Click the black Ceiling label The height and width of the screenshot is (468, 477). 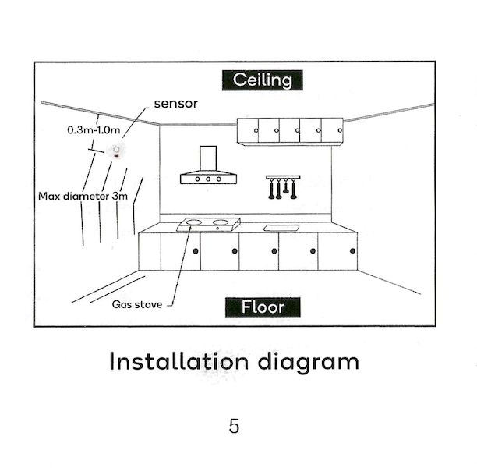click(262, 80)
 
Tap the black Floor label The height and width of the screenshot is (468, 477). click(263, 307)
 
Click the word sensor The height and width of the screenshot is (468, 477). click(176, 104)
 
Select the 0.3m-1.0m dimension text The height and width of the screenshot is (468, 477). click(94, 130)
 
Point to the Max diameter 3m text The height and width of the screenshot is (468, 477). click(83, 196)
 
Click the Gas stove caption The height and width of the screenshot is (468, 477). click(137, 304)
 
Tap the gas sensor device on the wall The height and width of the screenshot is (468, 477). click(115, 151)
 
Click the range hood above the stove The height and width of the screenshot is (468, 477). click(208, 165)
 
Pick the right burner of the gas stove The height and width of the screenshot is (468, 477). click(221, 222)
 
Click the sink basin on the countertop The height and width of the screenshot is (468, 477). click(281, 228)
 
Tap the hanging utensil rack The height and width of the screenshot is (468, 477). click(283, 187)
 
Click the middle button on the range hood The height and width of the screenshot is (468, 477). click(208, 179)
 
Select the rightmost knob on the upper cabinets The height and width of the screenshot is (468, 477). click(340, 130)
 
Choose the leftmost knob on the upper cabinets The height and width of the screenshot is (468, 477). click(256, 130)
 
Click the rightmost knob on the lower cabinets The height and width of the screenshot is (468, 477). click(352, 251)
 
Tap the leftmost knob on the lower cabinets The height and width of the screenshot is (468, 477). click(196, 251)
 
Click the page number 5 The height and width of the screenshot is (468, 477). click(234, 426)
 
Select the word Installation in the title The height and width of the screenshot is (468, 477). click(179, 361)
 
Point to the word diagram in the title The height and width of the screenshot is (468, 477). click(309, 363)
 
